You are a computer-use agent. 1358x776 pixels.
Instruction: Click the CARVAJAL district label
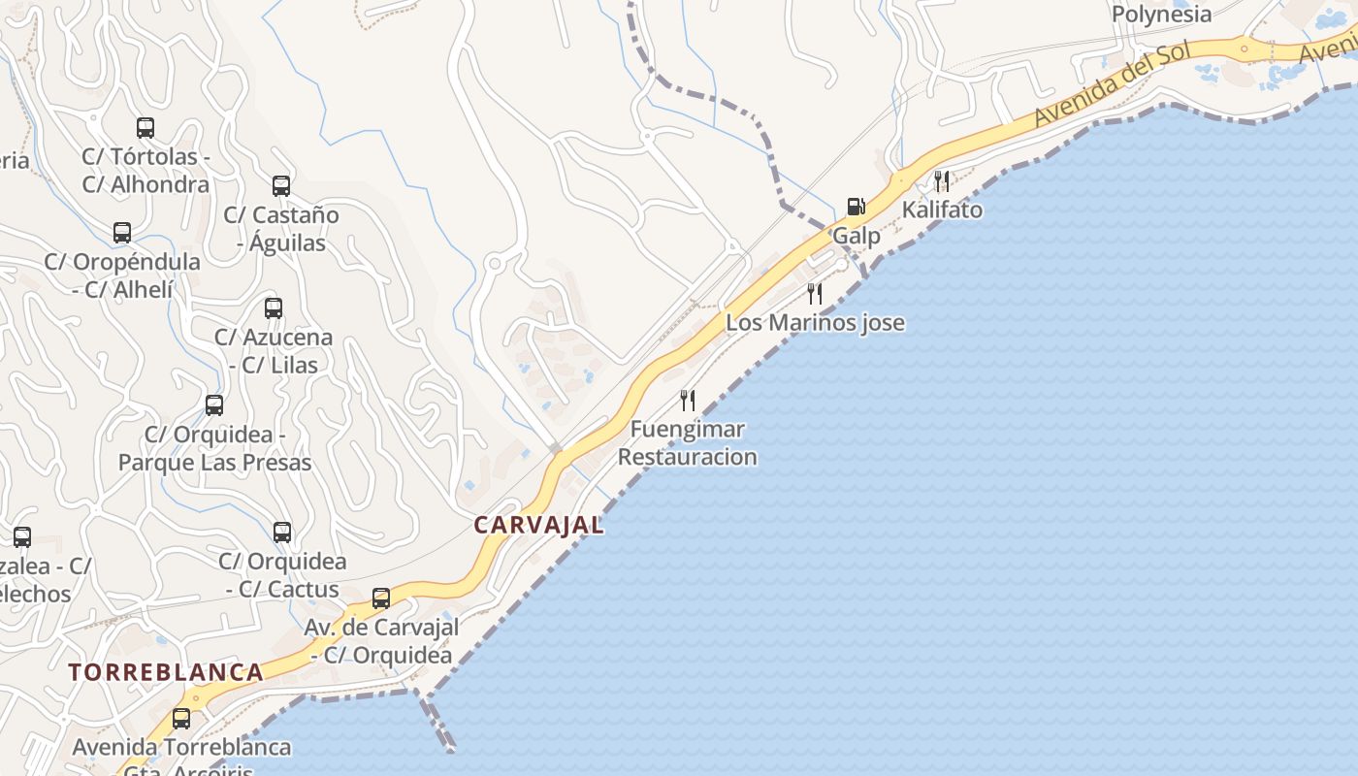[538, 525]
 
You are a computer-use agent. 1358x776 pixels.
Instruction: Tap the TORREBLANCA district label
[166, 672]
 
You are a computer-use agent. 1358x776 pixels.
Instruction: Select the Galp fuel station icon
[856, 206]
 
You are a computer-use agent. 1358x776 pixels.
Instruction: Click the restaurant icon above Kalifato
[941, 181]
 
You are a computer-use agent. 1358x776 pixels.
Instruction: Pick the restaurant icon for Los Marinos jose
[815, 293]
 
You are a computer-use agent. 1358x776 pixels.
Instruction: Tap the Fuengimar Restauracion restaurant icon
[688, 400]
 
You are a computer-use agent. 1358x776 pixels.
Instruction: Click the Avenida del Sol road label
[1112, 85]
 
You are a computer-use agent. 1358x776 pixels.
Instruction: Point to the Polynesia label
[1161, 15]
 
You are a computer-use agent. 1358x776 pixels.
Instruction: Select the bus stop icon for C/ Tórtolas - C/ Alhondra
[145, 127]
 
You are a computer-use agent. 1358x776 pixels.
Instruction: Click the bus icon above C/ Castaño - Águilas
[281, 185]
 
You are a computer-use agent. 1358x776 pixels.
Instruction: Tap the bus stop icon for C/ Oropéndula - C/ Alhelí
[122, 233]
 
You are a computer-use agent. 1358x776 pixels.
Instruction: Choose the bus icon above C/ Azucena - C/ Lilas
[274, 308]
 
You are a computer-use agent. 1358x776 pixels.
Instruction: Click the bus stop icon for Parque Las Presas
[214, 405]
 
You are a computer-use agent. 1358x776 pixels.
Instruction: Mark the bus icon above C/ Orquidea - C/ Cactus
[282, 533]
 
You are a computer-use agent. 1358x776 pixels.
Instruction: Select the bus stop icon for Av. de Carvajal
[381, 598]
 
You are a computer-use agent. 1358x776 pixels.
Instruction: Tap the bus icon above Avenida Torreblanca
[181, 719]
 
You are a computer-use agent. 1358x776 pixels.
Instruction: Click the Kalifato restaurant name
[942, 210]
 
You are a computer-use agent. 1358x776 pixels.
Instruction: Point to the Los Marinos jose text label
[815, 323]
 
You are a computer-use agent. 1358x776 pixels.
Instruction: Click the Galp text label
[857, 236]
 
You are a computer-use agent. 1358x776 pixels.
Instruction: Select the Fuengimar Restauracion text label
[688, 442]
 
